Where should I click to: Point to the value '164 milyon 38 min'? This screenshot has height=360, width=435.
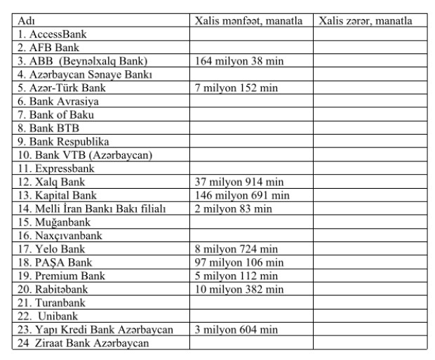239,61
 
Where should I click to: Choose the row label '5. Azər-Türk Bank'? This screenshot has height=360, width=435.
57,88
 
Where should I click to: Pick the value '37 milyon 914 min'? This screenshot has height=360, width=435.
239,182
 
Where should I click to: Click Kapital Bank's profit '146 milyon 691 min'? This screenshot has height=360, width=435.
242,195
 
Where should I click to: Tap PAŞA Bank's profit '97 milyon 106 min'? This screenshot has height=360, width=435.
239,262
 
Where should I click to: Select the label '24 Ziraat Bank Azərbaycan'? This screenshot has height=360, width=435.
80,343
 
